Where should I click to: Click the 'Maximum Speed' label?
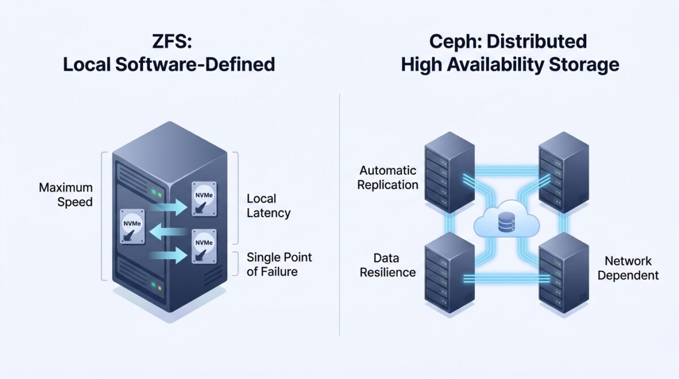66,194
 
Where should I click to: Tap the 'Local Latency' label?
268,206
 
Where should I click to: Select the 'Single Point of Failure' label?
279,264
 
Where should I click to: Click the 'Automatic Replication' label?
388,178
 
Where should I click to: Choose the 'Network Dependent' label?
628,268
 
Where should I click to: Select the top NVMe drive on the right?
203,198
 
